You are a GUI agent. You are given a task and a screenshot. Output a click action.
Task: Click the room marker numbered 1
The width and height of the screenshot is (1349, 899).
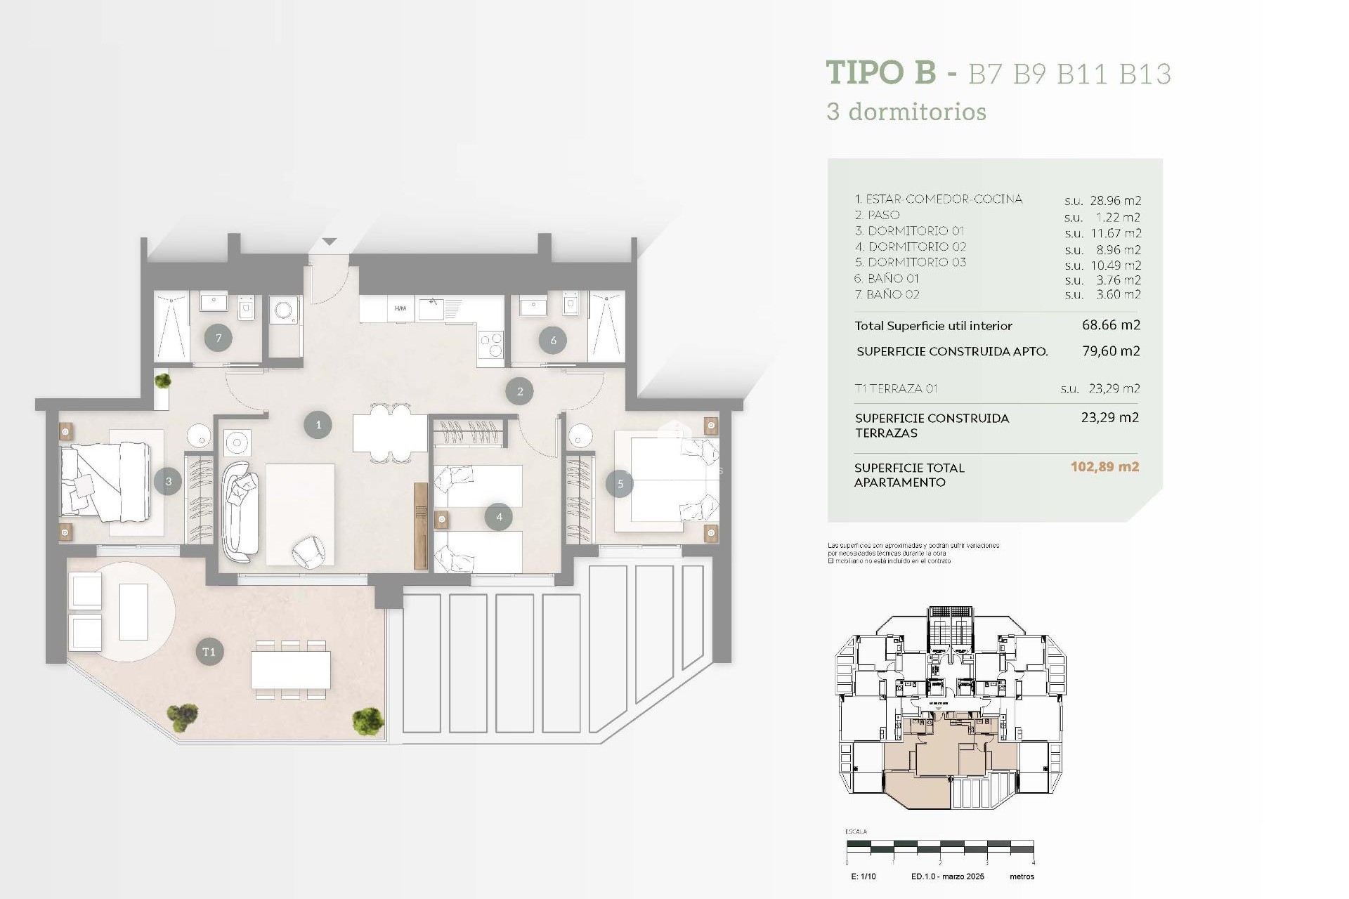point(318,425)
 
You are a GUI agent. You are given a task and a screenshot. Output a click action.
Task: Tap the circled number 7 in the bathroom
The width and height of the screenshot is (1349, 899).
point(219,339)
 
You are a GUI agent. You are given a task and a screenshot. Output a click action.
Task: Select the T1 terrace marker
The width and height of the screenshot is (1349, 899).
point(209,652)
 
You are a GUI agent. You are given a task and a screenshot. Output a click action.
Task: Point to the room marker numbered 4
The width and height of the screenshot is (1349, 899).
point(499,517)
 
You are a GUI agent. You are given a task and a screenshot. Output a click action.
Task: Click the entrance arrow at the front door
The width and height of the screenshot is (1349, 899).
point(330,242)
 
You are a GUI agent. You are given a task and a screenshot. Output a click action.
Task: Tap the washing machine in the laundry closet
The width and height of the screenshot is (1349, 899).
point(285,310)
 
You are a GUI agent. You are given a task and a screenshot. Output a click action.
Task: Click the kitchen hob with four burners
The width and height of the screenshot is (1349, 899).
point(490,344)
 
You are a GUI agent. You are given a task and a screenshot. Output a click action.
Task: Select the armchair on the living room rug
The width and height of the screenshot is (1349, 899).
point(308,551)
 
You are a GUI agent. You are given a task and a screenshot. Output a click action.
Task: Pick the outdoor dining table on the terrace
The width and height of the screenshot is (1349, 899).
point(291,670)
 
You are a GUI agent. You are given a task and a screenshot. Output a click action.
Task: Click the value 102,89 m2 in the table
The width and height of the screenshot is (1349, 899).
point(1104,467)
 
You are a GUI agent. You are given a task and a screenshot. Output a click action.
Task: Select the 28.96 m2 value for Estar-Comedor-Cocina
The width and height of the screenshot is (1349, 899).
point(1115,201)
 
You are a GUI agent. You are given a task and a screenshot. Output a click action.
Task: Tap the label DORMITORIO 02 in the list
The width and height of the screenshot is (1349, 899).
point(917,247)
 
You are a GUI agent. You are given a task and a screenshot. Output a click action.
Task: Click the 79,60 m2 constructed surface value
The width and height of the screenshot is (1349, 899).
point(1111,350)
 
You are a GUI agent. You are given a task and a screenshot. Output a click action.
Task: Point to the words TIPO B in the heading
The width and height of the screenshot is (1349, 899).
point(881,72)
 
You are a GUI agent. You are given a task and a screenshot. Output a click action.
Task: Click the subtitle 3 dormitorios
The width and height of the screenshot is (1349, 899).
point(906,112)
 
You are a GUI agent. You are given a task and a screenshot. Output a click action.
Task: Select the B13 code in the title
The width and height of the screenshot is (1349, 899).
point(1145,74)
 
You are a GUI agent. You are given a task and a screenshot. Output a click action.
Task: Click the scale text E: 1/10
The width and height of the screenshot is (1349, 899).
point(863,877)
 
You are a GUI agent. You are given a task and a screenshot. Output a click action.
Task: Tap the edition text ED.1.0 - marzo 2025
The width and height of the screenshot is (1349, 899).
point(947,877)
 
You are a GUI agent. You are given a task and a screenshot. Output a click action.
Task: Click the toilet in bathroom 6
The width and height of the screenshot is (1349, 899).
point(571,304)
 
